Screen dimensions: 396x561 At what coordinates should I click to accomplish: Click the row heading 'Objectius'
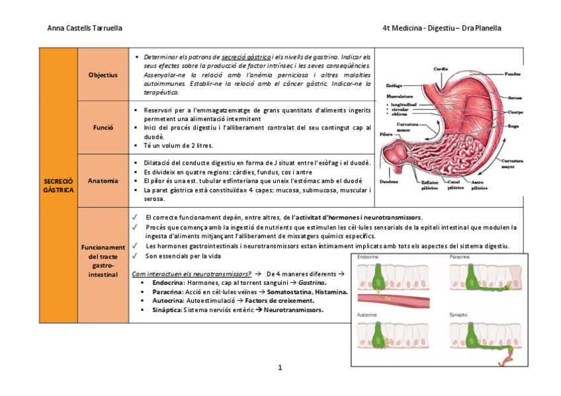click(x=103, y=75)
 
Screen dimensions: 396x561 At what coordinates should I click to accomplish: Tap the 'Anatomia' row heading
click(x=103, y=180)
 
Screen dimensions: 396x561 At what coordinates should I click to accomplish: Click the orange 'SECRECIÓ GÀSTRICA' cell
click(x=58, y=185)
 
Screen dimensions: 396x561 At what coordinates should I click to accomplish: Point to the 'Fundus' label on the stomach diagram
click(x=512, y=73)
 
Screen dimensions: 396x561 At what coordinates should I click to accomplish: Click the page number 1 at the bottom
click(x=280, y=367)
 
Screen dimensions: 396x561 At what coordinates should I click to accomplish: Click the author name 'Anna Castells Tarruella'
click(x=85, y=28)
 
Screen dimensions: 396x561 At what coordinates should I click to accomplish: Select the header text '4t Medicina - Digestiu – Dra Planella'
click(x=441, y=28)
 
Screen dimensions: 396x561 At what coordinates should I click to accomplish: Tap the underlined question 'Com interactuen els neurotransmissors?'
click(x=191, y=273)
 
